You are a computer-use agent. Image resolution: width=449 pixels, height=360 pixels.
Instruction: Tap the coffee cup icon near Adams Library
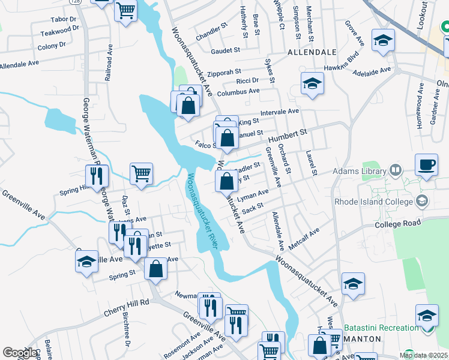(x=427, y=164)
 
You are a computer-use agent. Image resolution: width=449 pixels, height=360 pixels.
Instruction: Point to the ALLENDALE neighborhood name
(x=312, y=52)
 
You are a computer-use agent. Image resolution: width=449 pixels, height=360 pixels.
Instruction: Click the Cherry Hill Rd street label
(x=126, y=304)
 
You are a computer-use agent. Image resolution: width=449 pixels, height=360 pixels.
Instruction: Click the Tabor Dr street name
(x=64, y=19)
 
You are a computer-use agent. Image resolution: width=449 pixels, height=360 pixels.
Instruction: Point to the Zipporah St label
(x=223, y=71)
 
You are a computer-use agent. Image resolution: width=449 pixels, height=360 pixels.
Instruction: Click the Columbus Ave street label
(x=238, y=92)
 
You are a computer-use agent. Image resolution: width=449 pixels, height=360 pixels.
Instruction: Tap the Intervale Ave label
(x=279, y=112)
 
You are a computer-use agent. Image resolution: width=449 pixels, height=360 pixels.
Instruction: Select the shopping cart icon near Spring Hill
(x=142, y=175)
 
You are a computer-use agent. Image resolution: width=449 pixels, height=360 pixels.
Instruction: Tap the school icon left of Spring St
(x=87, y=262)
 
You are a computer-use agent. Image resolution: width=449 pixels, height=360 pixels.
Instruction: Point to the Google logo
(x=20, y=352)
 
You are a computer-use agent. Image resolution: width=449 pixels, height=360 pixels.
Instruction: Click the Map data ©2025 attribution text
(x=423, y=355)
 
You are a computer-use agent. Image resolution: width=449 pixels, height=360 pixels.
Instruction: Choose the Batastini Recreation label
(x=382, y=328)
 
